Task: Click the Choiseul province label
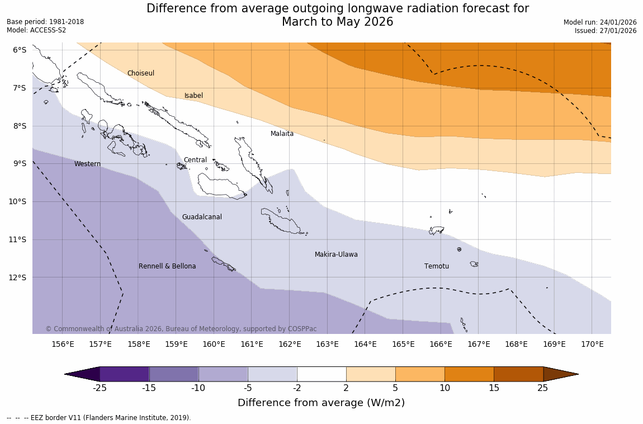click(x=140, y=73)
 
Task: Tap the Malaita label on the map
click(x=282, y=134)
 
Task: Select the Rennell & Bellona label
click(x=167, y=266)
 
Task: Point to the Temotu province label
click(x=436, y=266)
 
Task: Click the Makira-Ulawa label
click(x=336, y=255)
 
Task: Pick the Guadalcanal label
click(x=202, y=217)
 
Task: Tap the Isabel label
click(x=193, y=96)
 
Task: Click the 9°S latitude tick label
click(x=20, y=163)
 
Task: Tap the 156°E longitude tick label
click(x=63, y=344)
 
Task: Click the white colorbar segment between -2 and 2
click(x=321, y=374)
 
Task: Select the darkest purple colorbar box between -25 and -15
click(x=124, y=374)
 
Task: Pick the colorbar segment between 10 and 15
click(x=469, y=374)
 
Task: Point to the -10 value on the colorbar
click(x=198, y=388)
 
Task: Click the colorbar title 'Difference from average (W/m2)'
click(x=321, y=403)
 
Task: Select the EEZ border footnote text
click(x=99, y=418)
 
